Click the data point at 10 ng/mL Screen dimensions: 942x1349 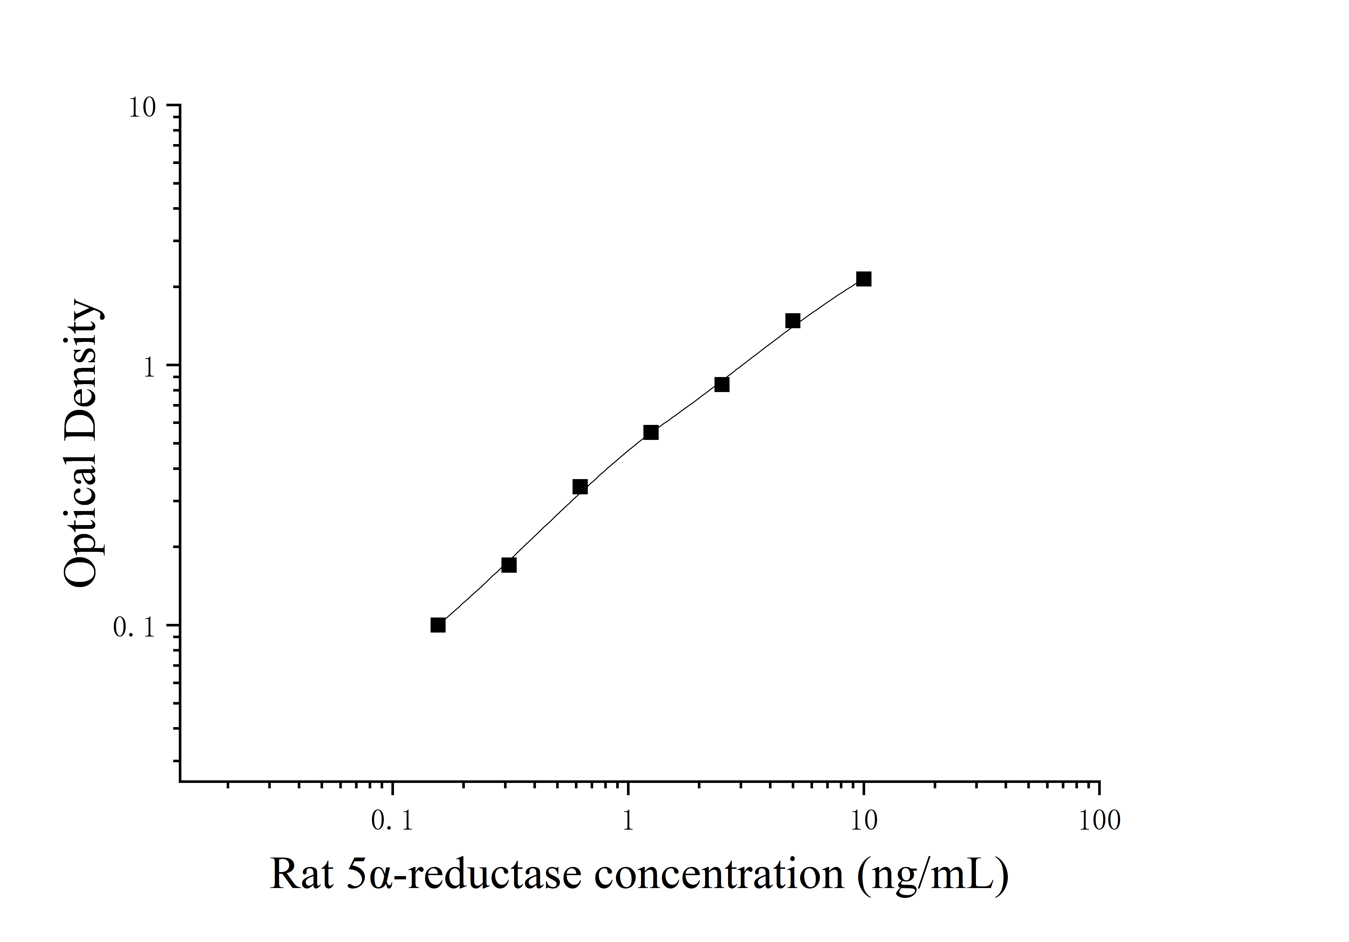(863, 279)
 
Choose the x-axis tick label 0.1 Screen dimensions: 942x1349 (393, 821)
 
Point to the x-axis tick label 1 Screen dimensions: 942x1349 (628, 821)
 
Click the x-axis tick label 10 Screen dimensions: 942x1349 (864, 821)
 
